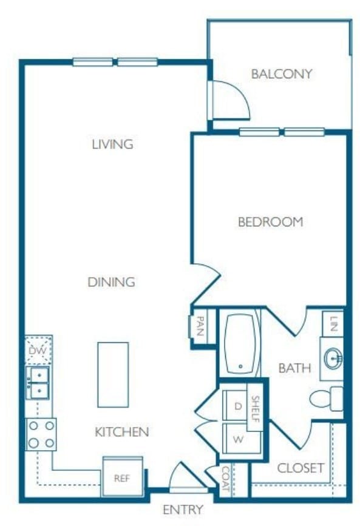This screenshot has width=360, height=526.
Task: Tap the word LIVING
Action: (112, 144)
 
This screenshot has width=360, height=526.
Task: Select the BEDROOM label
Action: (270, 222)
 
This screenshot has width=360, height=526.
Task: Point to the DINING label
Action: (111, 282)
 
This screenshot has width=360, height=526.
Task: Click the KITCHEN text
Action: (122, 432)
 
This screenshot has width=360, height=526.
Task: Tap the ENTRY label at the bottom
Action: (182, 510)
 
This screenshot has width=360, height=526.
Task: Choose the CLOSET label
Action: (301, 468)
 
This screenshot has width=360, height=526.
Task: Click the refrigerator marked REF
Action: (123, 477)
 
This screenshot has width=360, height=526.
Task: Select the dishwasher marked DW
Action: (38, 350)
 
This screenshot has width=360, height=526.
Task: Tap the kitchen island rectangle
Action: (113, 374)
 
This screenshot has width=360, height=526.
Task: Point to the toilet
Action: (325, 399)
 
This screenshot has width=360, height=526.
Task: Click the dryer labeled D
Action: (236, 405)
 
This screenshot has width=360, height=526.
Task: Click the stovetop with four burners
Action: (41, 434)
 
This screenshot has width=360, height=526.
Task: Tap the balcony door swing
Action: (231, 100)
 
